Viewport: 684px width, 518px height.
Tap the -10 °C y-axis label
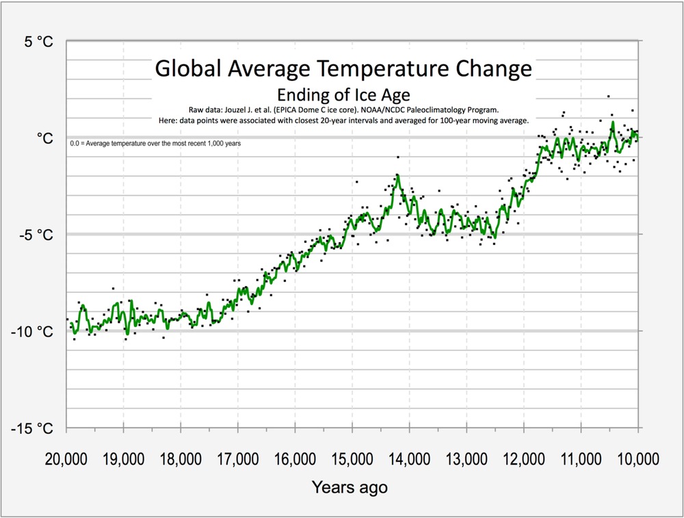coord(32,332)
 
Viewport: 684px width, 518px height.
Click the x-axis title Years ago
coord(350,488)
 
